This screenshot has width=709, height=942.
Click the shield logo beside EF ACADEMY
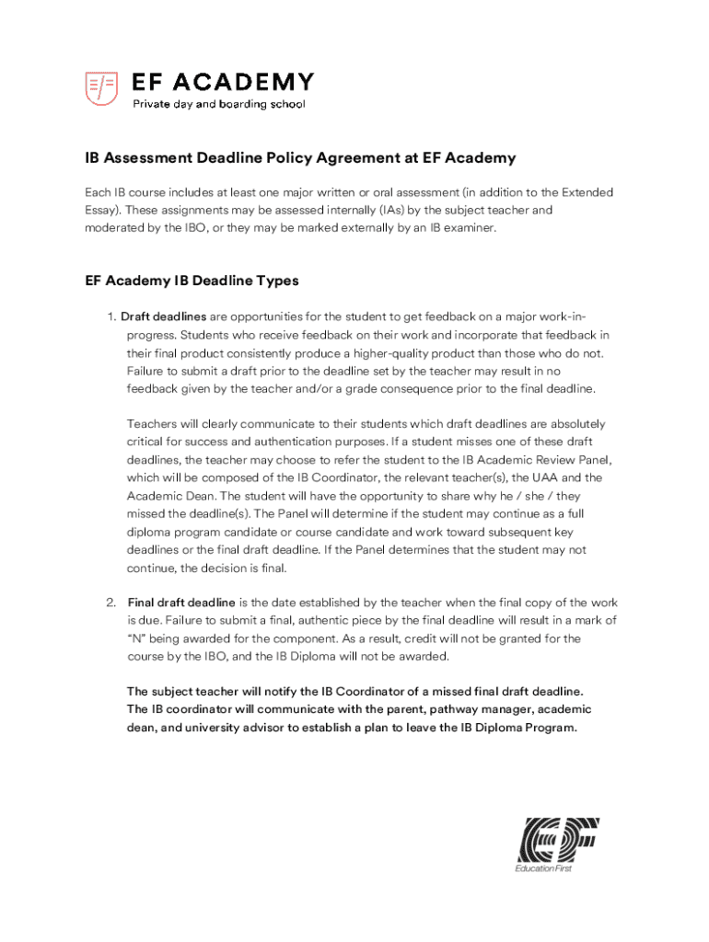(x=101, y=88)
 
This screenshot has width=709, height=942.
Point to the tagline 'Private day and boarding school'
(x=219, y=105)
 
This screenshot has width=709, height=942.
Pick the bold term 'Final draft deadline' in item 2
(x=181, y=603)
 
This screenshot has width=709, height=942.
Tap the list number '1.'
(x=112, y=317)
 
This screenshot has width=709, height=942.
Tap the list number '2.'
(x=110, y=603)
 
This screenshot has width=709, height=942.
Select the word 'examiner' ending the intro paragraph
(x=469, y=227)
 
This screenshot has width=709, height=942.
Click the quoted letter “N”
(x=138, y=638)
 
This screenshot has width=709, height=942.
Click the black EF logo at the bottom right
(x=558, y=839)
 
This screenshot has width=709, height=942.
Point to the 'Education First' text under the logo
(x=544, y=869)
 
